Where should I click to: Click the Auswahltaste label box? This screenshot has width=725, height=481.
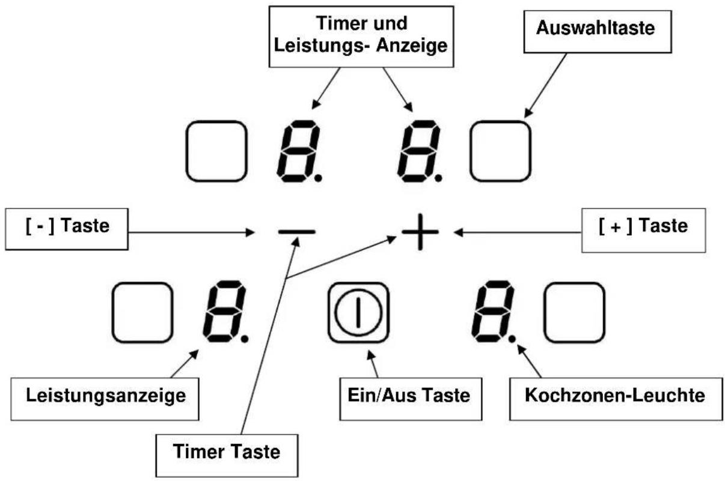[x=598, y=32]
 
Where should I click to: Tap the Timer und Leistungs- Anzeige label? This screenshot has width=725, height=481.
[x=361, y=37]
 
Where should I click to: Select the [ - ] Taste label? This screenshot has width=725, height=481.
[x=67, y=229]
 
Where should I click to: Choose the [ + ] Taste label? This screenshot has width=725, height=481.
[x=644, y=230]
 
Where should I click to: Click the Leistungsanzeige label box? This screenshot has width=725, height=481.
[x=105, y=399]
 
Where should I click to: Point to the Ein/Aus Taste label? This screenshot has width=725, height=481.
[x=411, y=399]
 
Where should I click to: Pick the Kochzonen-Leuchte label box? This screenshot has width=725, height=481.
[x=616, y=399]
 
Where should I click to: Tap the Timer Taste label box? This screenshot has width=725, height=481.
[x=227, y=455]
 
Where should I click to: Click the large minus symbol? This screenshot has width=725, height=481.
[x=296, y=232]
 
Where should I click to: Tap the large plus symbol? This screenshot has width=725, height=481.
[x=420, y=232]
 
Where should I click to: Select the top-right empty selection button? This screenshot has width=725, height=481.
[x=501, y=151]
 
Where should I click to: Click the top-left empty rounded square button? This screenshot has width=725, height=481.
[x=216, y=151]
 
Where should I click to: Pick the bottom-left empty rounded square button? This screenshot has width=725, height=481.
[x=142, y=313]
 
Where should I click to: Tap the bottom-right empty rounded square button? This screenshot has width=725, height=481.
[x=575, y=313]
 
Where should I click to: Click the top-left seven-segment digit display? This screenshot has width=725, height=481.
[x=299, y=151]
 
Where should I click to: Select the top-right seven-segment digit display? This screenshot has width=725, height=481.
[x=420, y=151]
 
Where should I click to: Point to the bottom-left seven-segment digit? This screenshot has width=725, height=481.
[x=225, y=311]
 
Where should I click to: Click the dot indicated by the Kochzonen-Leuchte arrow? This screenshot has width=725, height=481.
[x=512, y=339]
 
